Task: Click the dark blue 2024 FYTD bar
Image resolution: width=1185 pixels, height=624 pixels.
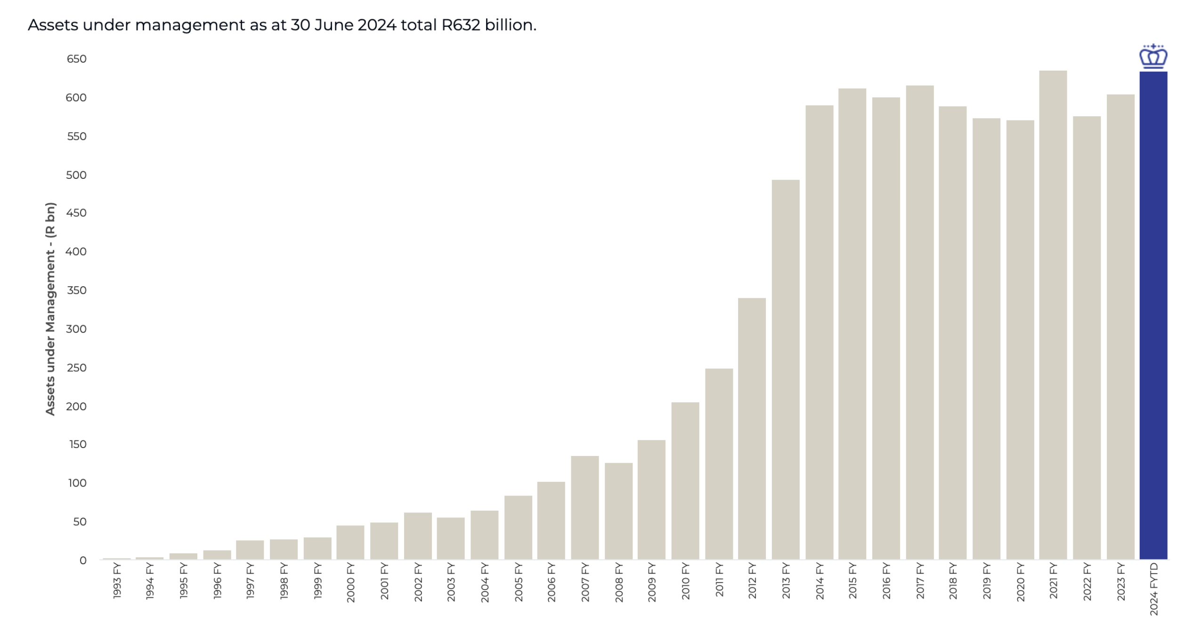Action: pos(1153,315)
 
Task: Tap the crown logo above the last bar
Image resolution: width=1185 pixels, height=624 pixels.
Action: pos(1153,57)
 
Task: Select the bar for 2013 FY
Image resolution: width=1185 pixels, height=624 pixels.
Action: pos(785,369)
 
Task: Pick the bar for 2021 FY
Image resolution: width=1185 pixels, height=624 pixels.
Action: pos(1053,315)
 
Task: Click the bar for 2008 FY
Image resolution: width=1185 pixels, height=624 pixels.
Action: pos(618,511)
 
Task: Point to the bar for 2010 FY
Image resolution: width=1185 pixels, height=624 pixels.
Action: pos(685,480)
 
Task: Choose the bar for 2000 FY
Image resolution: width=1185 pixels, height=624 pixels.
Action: pos(350,542)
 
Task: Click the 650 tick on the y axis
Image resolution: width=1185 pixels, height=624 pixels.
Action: pos(77,59)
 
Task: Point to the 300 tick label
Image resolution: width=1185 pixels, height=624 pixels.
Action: pos(76,329)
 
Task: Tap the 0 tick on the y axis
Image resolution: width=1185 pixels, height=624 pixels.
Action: pos(83,560)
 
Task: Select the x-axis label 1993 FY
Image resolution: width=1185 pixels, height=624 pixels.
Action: pos(117,581)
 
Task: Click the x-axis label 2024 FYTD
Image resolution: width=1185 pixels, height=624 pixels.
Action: pos(1153,589)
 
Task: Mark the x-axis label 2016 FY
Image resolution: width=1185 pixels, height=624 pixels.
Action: pos(886,581)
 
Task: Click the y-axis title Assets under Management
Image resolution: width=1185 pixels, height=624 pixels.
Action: pos(50,308)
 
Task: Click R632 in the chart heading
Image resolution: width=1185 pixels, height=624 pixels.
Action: pos(461,25)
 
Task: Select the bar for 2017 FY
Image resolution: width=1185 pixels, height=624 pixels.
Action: pos(919,322)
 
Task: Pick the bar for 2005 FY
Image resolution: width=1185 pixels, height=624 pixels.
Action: pos(518,528)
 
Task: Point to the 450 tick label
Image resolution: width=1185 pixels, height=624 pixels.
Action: pos(76,213)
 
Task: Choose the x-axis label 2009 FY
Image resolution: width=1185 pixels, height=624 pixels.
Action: pos(651,581)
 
